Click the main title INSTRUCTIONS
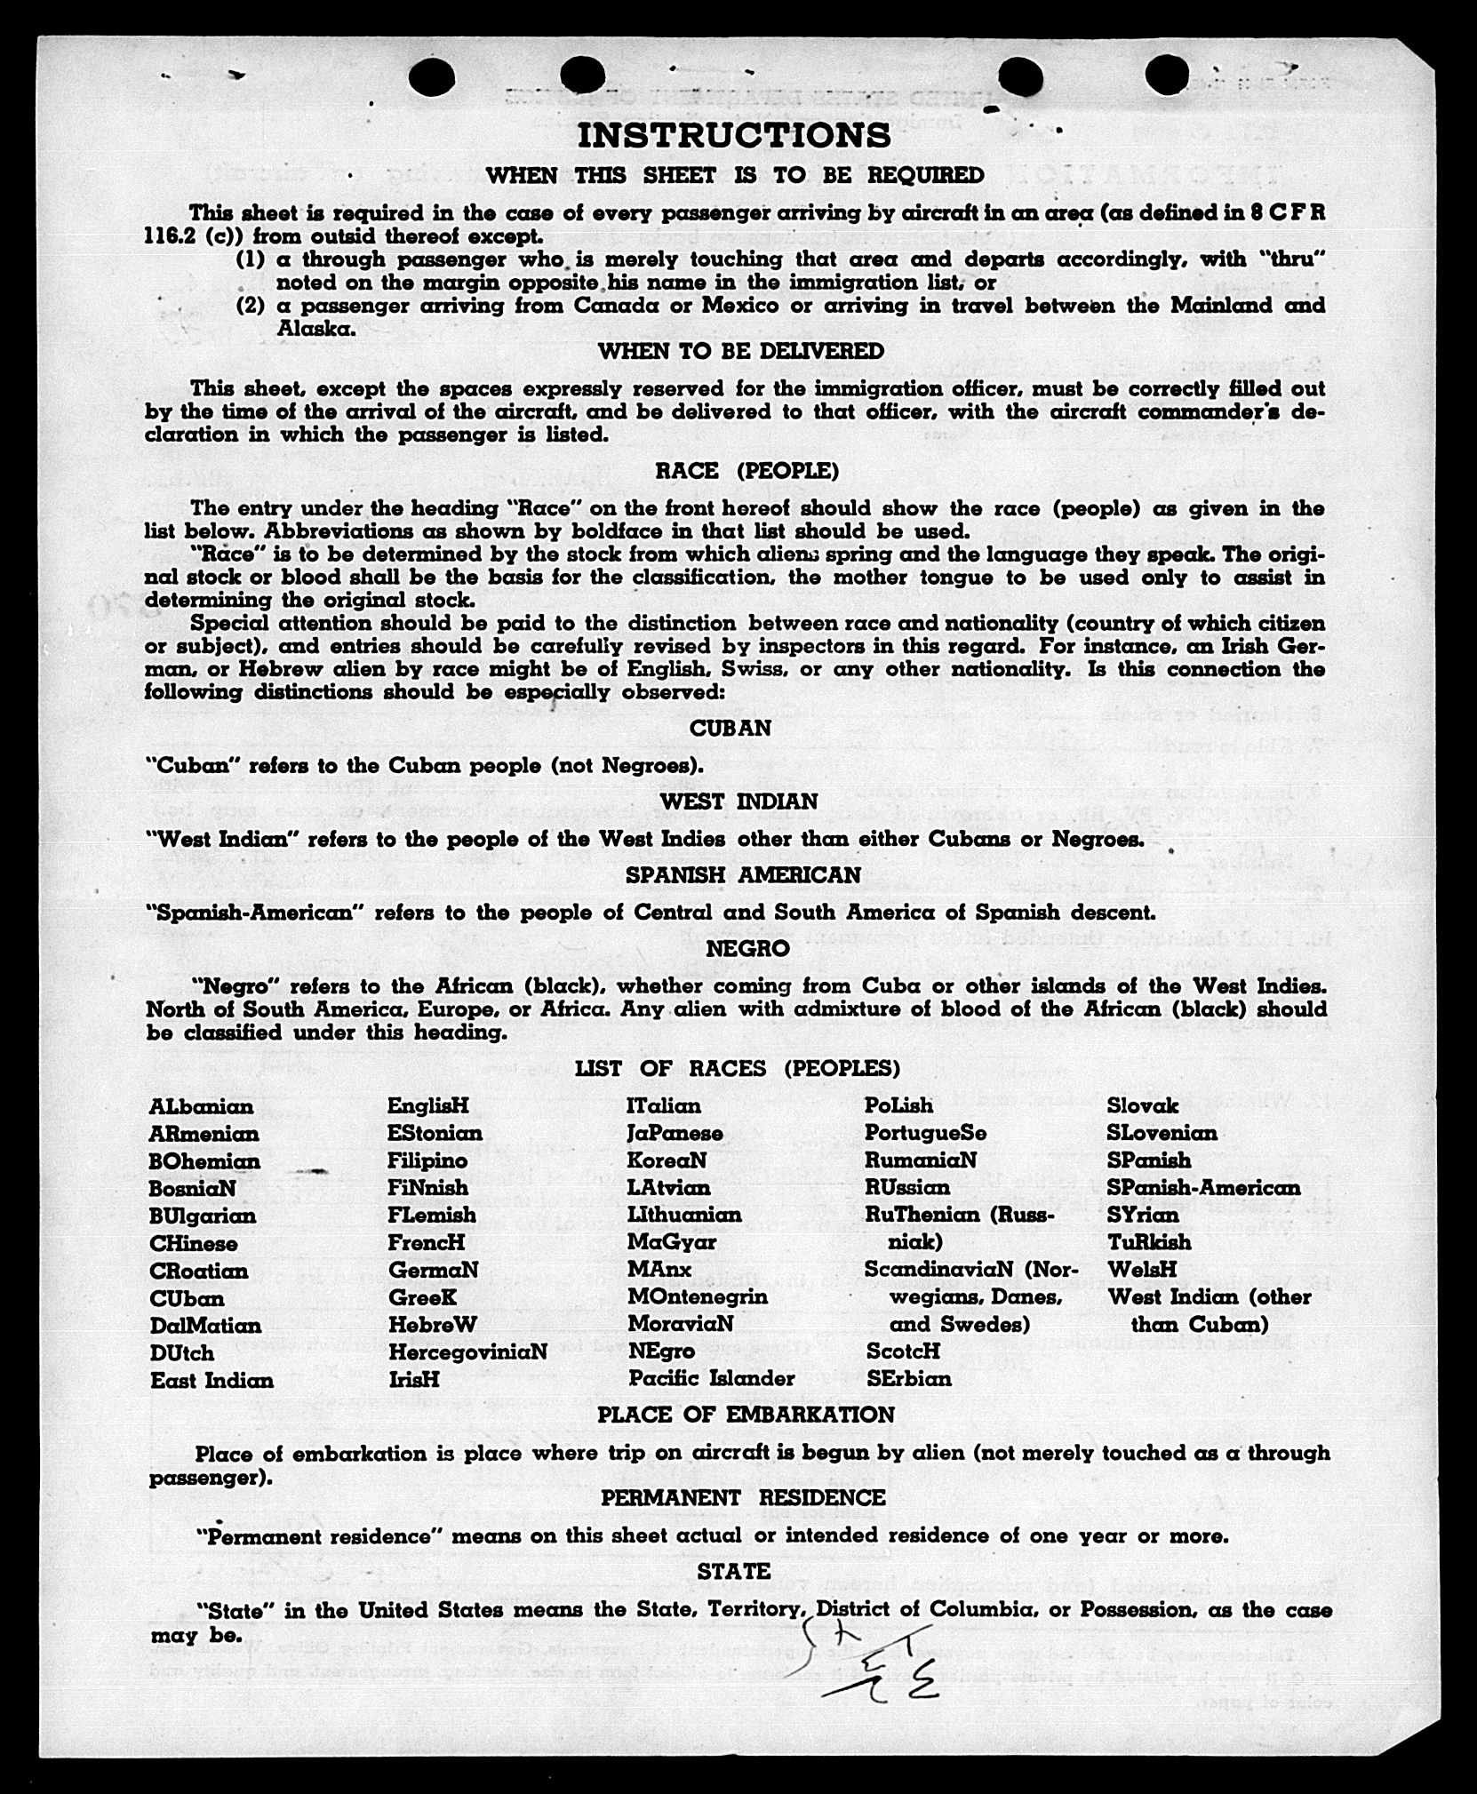pos(734,136)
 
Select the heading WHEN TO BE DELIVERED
pos(740,351)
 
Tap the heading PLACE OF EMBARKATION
pos(746,1415)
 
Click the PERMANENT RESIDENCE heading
pos(743,1497)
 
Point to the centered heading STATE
pos(734,1571)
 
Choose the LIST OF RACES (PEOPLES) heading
pos(737,1068)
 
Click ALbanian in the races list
pos(202,1107)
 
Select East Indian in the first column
pos(212,1381)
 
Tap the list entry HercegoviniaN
pos(467,1351)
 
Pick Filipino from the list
pos(427,1160)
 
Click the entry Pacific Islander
pos(712,1378)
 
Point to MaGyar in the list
pos(671,1242)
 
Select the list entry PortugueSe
pos(925,1134)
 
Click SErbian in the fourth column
pos(908,1379)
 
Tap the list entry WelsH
pos(1142,1269)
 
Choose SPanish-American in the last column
pos(1203,1188)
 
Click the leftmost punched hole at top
pos(432,77)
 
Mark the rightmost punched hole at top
pos(1167,75)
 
